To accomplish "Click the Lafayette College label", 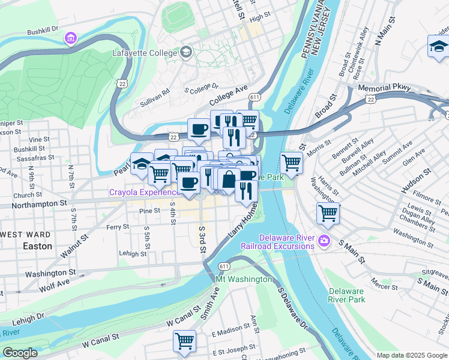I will (145, 53).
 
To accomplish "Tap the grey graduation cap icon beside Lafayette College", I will (185, 52).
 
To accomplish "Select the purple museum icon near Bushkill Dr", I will (71, 39).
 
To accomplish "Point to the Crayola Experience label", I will (144, 193).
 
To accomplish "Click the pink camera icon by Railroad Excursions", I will (325, 241).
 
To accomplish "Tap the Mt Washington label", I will (244, 280).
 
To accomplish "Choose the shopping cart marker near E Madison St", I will (184, 340).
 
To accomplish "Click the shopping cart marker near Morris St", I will (291, 161).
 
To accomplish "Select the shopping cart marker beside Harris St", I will (328, 212).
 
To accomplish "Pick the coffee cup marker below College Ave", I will (199, 128).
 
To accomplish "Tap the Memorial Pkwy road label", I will (384, 88).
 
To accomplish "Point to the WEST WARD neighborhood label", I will (26, 234).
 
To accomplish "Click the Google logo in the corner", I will (20, 353).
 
